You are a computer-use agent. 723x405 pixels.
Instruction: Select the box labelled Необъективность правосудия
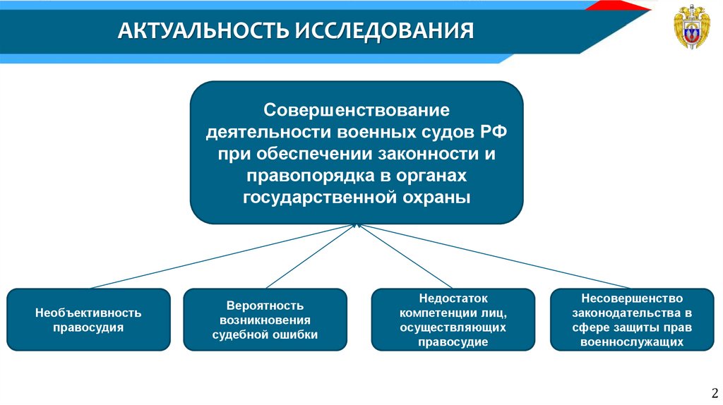[x=88, y=320]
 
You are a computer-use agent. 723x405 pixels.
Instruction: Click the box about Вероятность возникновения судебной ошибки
[x=265, y=320]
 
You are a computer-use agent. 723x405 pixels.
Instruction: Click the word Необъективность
[x=88, y=312]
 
